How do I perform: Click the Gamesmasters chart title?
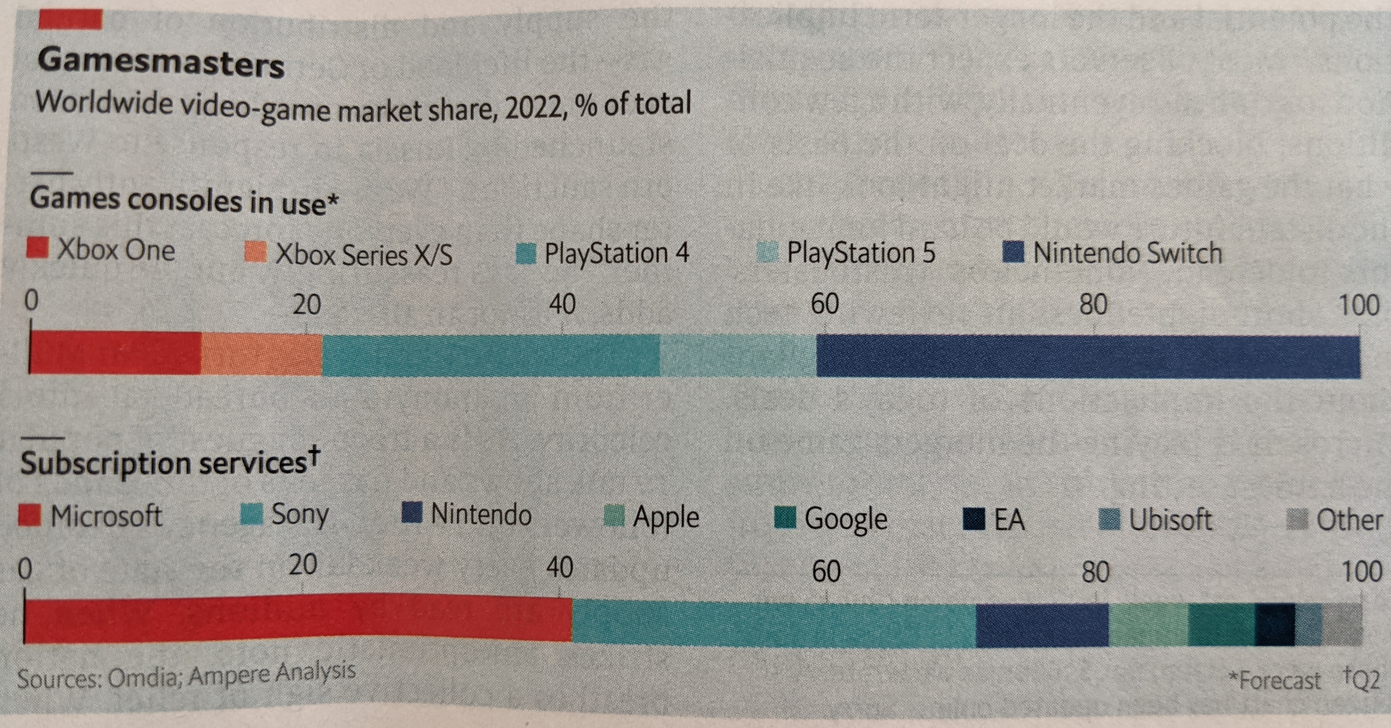coord(160,64)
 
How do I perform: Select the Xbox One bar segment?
coord(115,353)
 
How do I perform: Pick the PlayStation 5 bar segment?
coord(737,355)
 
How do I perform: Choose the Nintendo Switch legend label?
coord(1127,253)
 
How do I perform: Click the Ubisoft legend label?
coord(1171,519)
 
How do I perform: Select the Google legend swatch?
coord(785,517)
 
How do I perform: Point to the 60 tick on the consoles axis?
coord(825,304)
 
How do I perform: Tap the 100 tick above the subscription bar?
coord(1361,571)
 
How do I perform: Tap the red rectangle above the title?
coord(70,20)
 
